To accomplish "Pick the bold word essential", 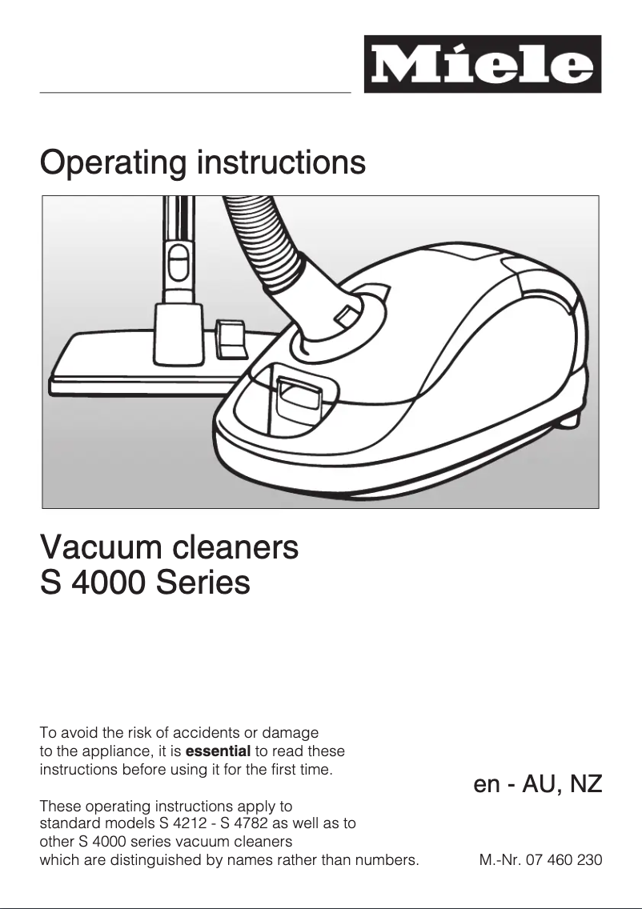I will point(218,751).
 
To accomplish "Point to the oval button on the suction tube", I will point(179,261).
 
